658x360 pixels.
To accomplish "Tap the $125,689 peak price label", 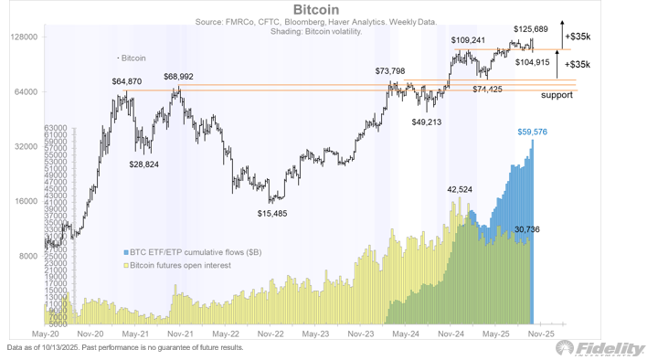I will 532,29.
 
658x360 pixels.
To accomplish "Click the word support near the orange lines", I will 557,95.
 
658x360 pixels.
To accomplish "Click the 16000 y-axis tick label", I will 25,201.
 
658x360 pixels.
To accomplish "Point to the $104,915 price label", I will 533,62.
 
